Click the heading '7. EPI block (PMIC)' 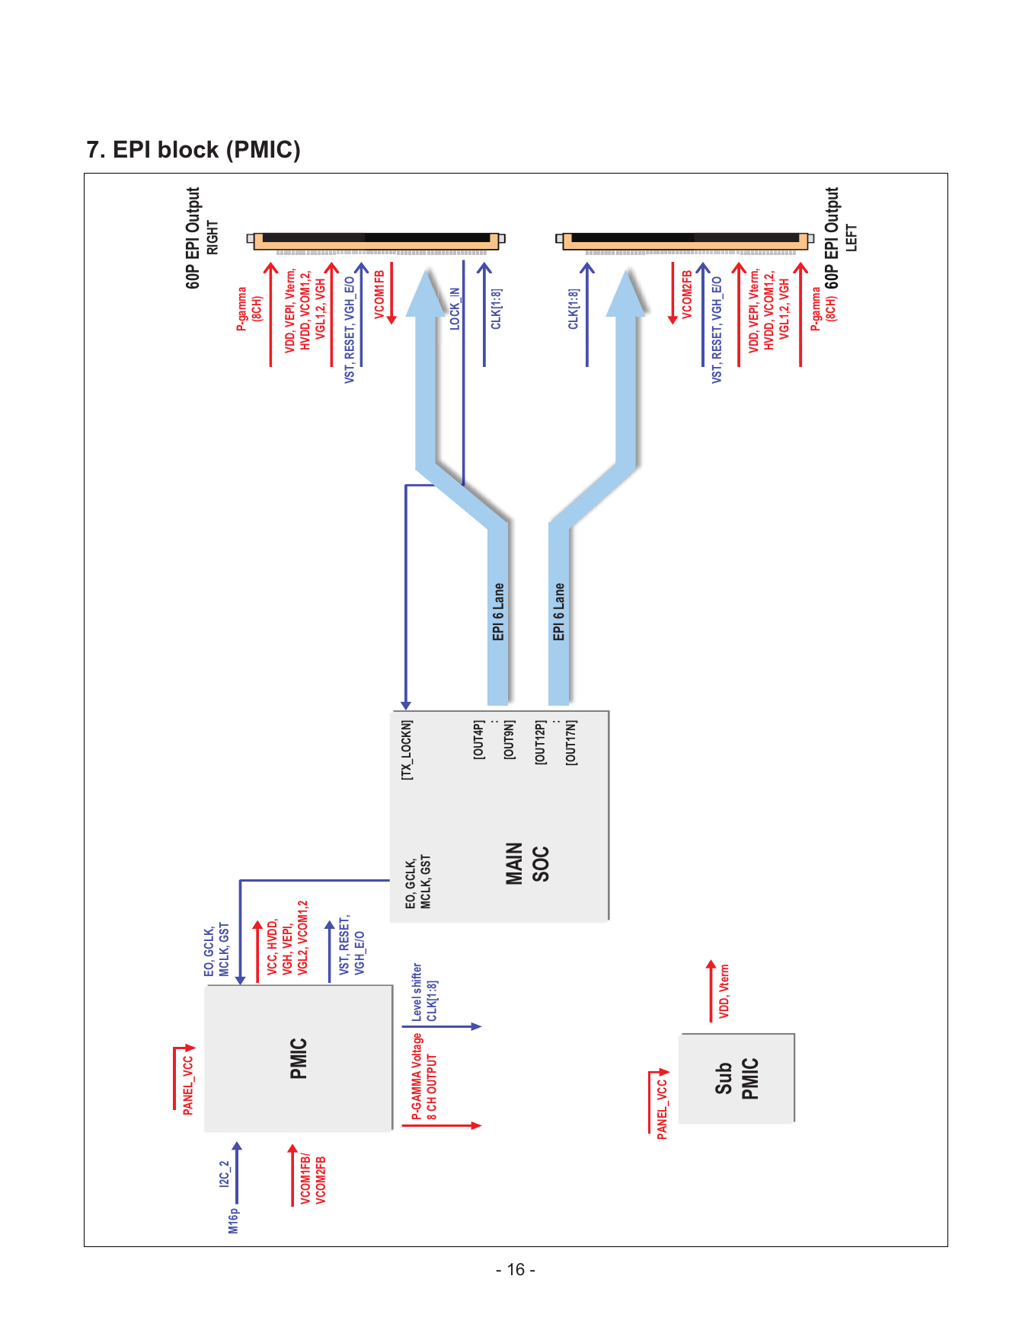click(193, 150)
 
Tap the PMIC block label click(299, 1058)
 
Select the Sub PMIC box click(736, 1078)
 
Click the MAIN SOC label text click(526, 863)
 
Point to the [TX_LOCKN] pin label click(407, 750)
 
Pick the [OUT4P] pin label click(478, 739)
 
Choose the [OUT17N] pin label click(570, 742)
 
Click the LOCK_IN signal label click(455, 308)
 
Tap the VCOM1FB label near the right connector click(379, 295)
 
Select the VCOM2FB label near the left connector click(687, 295)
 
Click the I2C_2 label click(224, 1174)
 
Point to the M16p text click(234, 1220)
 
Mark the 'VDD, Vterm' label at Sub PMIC click(724, 991)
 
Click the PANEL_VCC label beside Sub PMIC click(663, 1109)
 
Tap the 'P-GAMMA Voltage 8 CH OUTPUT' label click(424, 1077)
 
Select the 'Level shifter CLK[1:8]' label click(424, 993)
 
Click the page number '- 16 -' click(516, 1270)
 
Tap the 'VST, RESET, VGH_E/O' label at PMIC click(352, 945)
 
